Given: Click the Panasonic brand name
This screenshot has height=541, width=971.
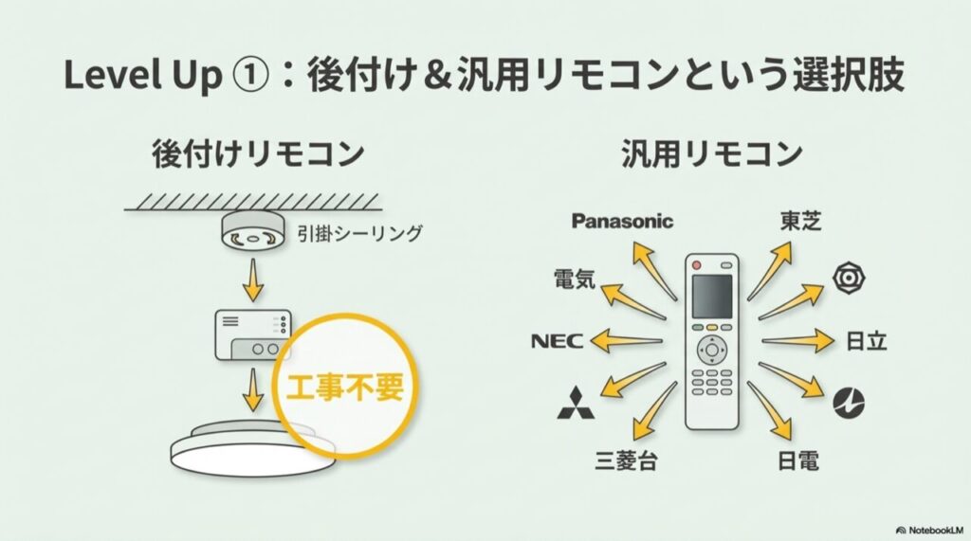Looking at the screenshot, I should tap(622, 221).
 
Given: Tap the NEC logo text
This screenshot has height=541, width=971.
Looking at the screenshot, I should tap(559, 341).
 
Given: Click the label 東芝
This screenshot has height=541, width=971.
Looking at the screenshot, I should tap(800, 221).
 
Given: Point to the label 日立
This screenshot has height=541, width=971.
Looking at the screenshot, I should tap(866, 341).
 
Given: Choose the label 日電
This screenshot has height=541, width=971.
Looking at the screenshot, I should tap(797, 461).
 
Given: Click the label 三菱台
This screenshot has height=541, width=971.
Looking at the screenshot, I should tap(626, 461).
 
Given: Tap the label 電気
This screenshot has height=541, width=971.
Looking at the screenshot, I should tap(575, 280).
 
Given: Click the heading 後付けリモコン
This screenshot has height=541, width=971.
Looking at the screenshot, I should tap(258, 153).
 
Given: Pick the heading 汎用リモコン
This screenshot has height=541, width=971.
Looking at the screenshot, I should tap(712, 153).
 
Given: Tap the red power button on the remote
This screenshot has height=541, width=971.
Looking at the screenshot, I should tap(697, 261).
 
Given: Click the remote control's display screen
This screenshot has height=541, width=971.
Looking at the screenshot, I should tap(711, 297).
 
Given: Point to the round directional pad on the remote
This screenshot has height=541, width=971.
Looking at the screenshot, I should tap(711, 349).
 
